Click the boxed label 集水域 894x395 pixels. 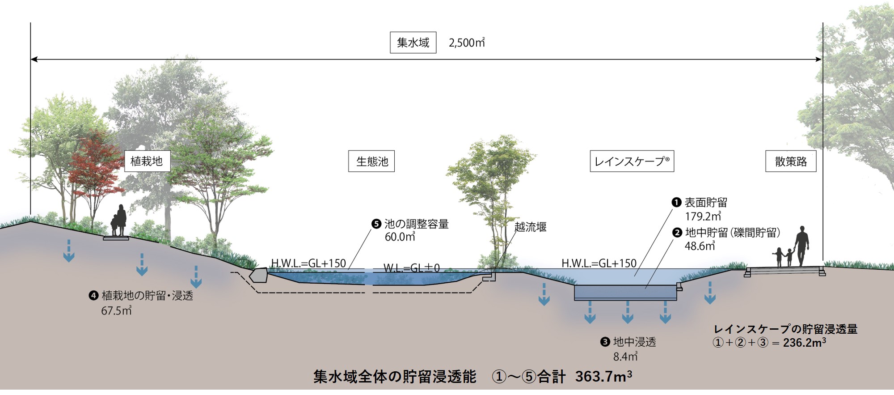pyautogui.click(x=413, y=42)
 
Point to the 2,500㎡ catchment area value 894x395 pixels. pyautogui.click(x=467, y=42)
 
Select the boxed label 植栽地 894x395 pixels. pyautogui.click(x=147, y=161)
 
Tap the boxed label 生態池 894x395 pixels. pyautogui.click(x=371, y=161)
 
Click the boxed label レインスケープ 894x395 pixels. pyautogui.click(x=632, y=161)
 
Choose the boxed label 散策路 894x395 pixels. pyautogui.click(x=791, y=161)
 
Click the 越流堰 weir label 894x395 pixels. pyautogui.click(x=531, y=227)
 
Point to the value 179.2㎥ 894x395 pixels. pyautogui.click(x=703, y=217)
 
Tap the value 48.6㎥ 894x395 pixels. pyautogui.click(x=700, y=246)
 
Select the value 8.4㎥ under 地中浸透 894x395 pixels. pyautogui.click(x=625, y=357)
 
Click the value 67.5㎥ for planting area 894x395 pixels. pyautogui.click(x=116, y=310)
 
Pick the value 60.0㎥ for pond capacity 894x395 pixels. pyautogui.click(x=400, y=237)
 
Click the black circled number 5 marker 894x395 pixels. pyautogui.click(x=376, y=224)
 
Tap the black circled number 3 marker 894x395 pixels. pyautogui.click(x=605, y=342)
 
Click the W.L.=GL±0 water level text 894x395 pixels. pyautogui.click(x=412, y=268)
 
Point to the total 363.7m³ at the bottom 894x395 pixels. pyautogui.click(x=603, y=377)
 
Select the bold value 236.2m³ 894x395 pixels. pyautogui.click(x=805, y=343)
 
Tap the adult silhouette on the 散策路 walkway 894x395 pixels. pyautogui.click(x=802, y=246)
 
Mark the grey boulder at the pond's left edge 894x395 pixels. pyautogui.click(x=259, y=275)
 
